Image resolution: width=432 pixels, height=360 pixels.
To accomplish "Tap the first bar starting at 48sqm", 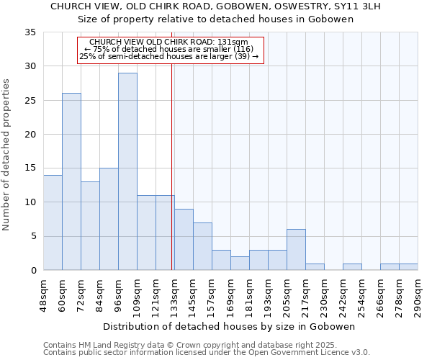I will pos(53,222).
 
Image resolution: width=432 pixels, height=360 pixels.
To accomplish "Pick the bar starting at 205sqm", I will pos(296,250).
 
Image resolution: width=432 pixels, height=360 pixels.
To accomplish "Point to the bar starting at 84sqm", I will pos(109,219).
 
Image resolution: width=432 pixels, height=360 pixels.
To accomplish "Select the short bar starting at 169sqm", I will pos(240,264).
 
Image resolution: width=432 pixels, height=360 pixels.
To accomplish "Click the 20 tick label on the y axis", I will pos(31,135).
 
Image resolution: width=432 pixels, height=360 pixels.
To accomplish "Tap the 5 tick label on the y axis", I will pos(34,236).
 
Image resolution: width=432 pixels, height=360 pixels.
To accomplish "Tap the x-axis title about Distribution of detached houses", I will pos(229,326).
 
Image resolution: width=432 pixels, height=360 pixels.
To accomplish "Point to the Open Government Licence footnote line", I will pos(207,352).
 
